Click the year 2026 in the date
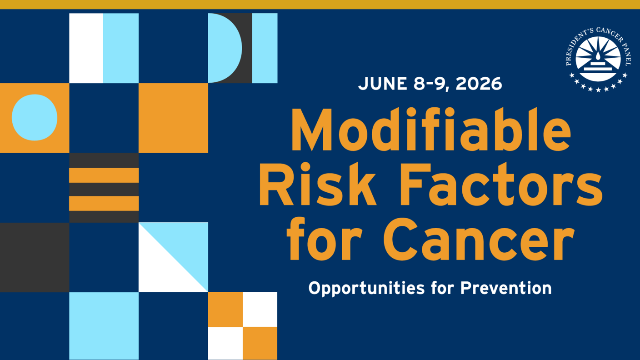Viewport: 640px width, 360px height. [479, 84]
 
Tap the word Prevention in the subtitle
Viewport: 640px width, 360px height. [506, 288]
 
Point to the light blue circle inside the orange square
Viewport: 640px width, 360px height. [35, 118]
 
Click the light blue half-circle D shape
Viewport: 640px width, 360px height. [224, 48]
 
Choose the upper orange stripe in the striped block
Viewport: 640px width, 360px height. [104, 175]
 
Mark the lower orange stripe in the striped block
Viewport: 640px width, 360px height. [104, 203]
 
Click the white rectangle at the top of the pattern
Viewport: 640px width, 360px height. [86, 48]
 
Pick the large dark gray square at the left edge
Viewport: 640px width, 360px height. [35, 257]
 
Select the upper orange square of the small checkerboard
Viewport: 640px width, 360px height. [225, 309]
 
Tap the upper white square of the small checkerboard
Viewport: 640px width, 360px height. [260, 309]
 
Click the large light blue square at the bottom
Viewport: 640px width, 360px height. [104, 326]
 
